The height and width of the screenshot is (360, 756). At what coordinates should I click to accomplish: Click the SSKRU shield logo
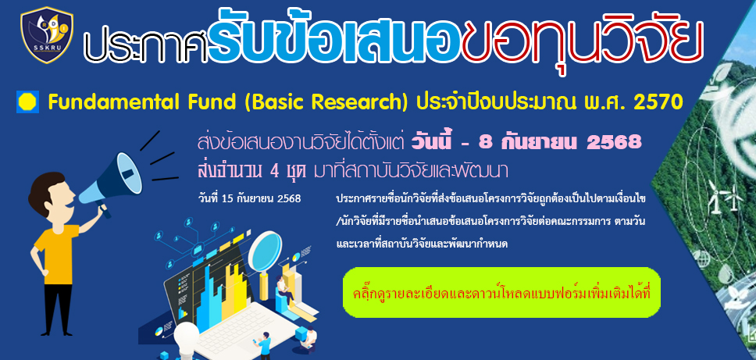coord(47,35)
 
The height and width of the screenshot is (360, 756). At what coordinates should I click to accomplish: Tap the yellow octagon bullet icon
coord(27,102)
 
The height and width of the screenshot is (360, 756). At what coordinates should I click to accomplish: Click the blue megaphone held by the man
coord(112,180)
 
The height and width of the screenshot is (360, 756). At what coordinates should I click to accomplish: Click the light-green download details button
coord(501,292)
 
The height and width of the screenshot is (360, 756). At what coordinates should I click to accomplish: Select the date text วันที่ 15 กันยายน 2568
coord(249,198)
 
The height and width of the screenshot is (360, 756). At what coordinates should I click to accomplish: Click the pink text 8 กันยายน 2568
coord(560,141)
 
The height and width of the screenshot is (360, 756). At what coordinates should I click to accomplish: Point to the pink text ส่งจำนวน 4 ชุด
coord(252,170)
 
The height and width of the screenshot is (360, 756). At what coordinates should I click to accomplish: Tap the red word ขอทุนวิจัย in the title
coord(582,41)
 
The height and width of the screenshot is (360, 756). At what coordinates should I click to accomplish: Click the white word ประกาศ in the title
coord(146,48)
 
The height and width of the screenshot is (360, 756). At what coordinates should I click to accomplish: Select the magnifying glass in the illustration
coord(266,258)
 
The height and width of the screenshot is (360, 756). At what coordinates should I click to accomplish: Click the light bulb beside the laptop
coord(187,339)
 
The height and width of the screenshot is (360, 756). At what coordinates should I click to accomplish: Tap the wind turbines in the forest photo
coord(724,195)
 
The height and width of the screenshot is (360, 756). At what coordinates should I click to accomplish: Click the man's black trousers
coord(58,308)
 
